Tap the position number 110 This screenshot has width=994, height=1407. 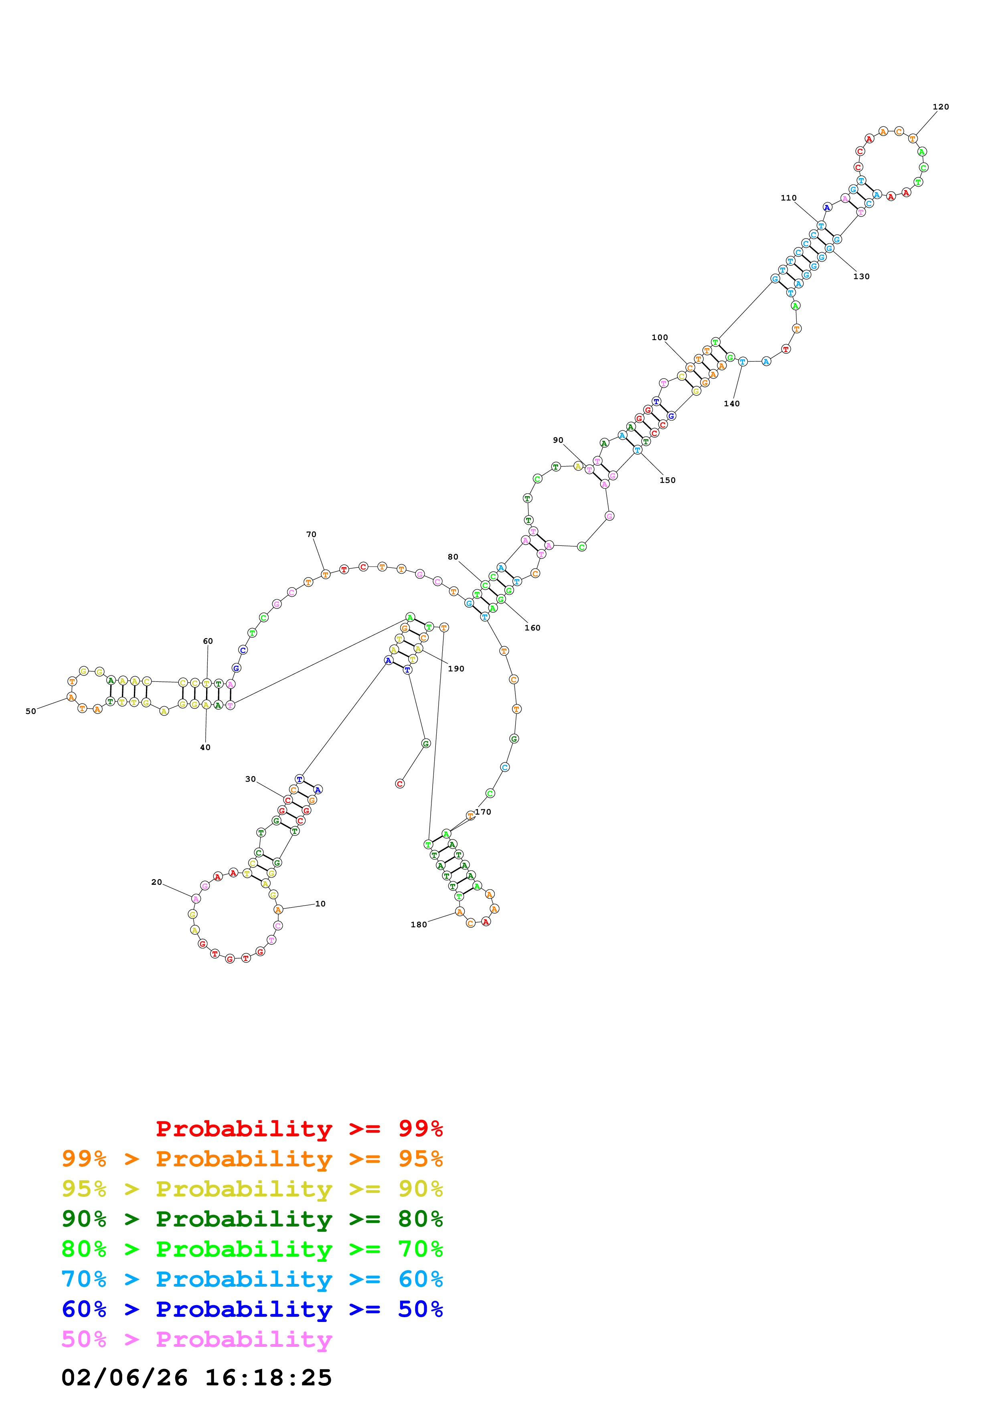[788, 198]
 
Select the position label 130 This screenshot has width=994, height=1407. [861, 276]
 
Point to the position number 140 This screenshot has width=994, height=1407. [731, 404]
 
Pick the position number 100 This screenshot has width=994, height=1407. [660, 338]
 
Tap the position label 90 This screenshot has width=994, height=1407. [558, 440]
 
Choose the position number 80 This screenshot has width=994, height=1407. [453, 557]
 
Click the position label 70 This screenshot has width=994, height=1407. [311, 534]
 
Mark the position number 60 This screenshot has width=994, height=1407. [208, 641]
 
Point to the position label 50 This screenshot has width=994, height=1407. [30, 712]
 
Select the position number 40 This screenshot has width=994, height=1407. [205, 748]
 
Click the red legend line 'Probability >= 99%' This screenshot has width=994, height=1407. [299, 1129]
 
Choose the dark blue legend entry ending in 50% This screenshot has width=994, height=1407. [252, 1309]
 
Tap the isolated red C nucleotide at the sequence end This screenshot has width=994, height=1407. [400, 784]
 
